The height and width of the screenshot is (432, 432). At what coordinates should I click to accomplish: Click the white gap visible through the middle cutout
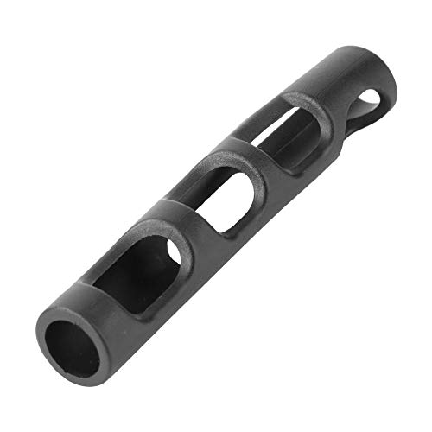click(x=251, y=194)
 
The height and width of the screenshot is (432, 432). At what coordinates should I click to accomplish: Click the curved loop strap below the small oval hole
click(x=367, y=121)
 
